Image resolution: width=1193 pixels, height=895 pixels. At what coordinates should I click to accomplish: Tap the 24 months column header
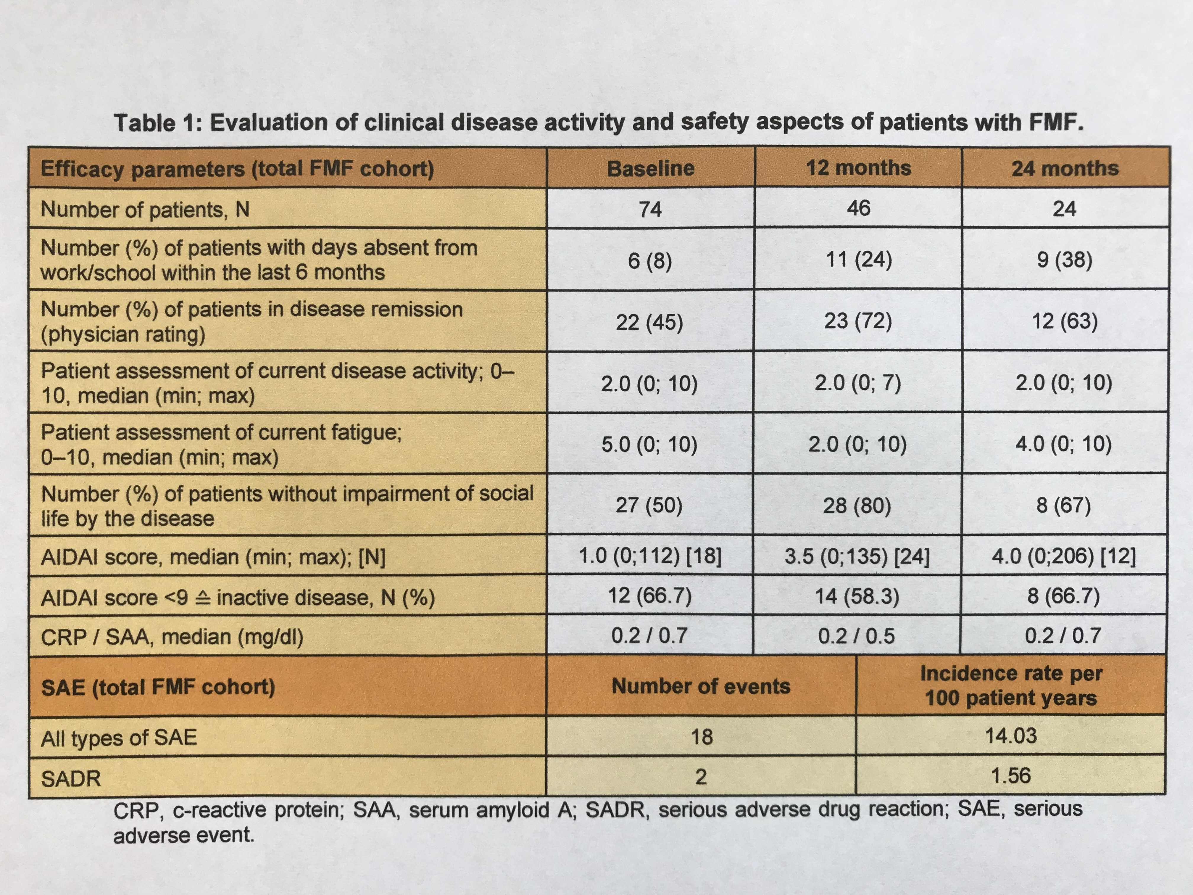(1065, 168)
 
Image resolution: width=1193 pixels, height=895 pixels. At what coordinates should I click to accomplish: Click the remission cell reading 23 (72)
(857, 321)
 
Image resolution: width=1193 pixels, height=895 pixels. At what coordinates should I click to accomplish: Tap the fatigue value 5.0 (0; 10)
(649, 445)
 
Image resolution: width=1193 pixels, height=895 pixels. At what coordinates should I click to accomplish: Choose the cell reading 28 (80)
(857, 506)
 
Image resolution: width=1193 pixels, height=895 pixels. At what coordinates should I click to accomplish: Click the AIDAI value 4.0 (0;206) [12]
(1064, 556)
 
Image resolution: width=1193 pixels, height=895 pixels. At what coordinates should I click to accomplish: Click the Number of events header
(701, 686)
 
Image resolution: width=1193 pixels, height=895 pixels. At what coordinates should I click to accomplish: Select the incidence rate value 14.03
(1011, 736)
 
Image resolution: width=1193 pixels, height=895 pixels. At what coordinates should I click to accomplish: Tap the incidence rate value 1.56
(1011, 776)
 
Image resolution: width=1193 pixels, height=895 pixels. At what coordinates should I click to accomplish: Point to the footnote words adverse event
(183, 835)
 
